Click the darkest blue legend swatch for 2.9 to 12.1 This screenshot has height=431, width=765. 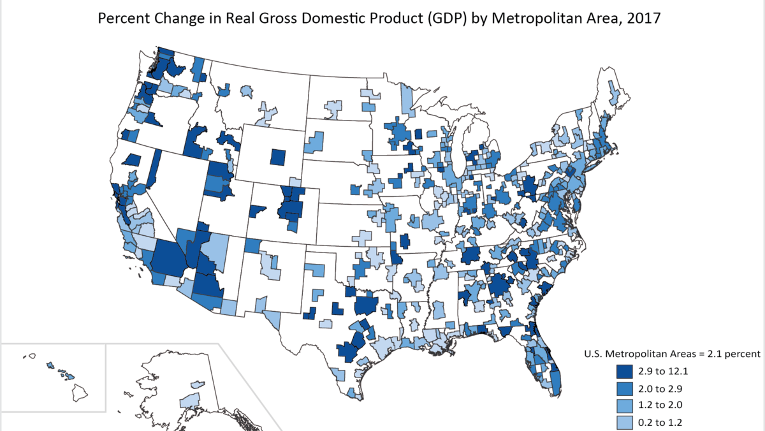click(x=627, y=372)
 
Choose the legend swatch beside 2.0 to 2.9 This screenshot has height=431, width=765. click(x=627, y=388)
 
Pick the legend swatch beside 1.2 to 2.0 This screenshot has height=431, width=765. click(x=627, y=405)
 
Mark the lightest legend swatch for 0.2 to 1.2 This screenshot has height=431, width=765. click(x=627, y=421)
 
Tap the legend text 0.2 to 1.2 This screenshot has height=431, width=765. click(x=664, y=421)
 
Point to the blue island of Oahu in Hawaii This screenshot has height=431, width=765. click(x=50, y=366)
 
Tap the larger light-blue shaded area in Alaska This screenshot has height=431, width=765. click(x=190, y=400)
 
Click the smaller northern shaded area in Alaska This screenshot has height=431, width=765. click(x=198, y=385)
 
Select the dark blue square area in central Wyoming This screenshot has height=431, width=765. click(x=278, y=156)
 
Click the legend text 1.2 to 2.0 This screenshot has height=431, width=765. click(x=664, y=405)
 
